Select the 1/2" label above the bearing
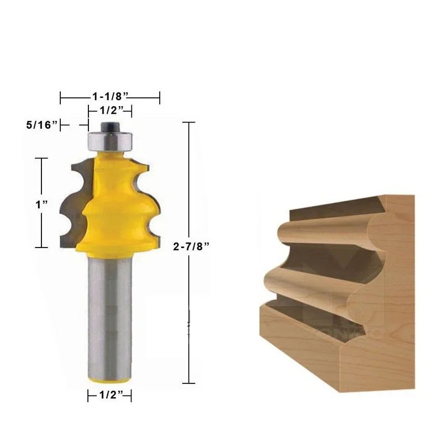110,110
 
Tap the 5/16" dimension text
41,125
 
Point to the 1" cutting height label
41,203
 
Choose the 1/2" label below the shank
109,396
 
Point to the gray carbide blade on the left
71,204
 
